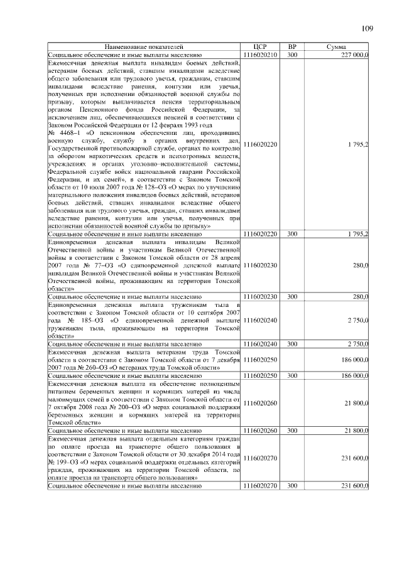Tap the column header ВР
pyautogui.click(x=292, y=47)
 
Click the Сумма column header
pyautogui.click(x=337, y=47)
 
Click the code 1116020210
pyautogui.click(x=260, y=55)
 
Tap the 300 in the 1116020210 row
pyautogui.click(x=292, y=55)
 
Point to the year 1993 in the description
pyautogui.click(x=170, y=125)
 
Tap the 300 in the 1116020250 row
pyautogui.click(x=292, y=375)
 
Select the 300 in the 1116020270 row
pyautogui.click(x=292, y=486)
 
